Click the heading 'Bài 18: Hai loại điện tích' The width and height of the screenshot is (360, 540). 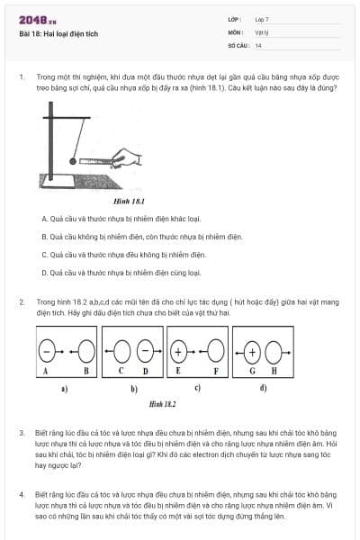(x=58, y=33)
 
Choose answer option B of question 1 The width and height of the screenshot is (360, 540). (x=142, y=237)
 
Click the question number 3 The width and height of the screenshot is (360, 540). (x=22, y=433)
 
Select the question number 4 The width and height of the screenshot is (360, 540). (x=22, y=494)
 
